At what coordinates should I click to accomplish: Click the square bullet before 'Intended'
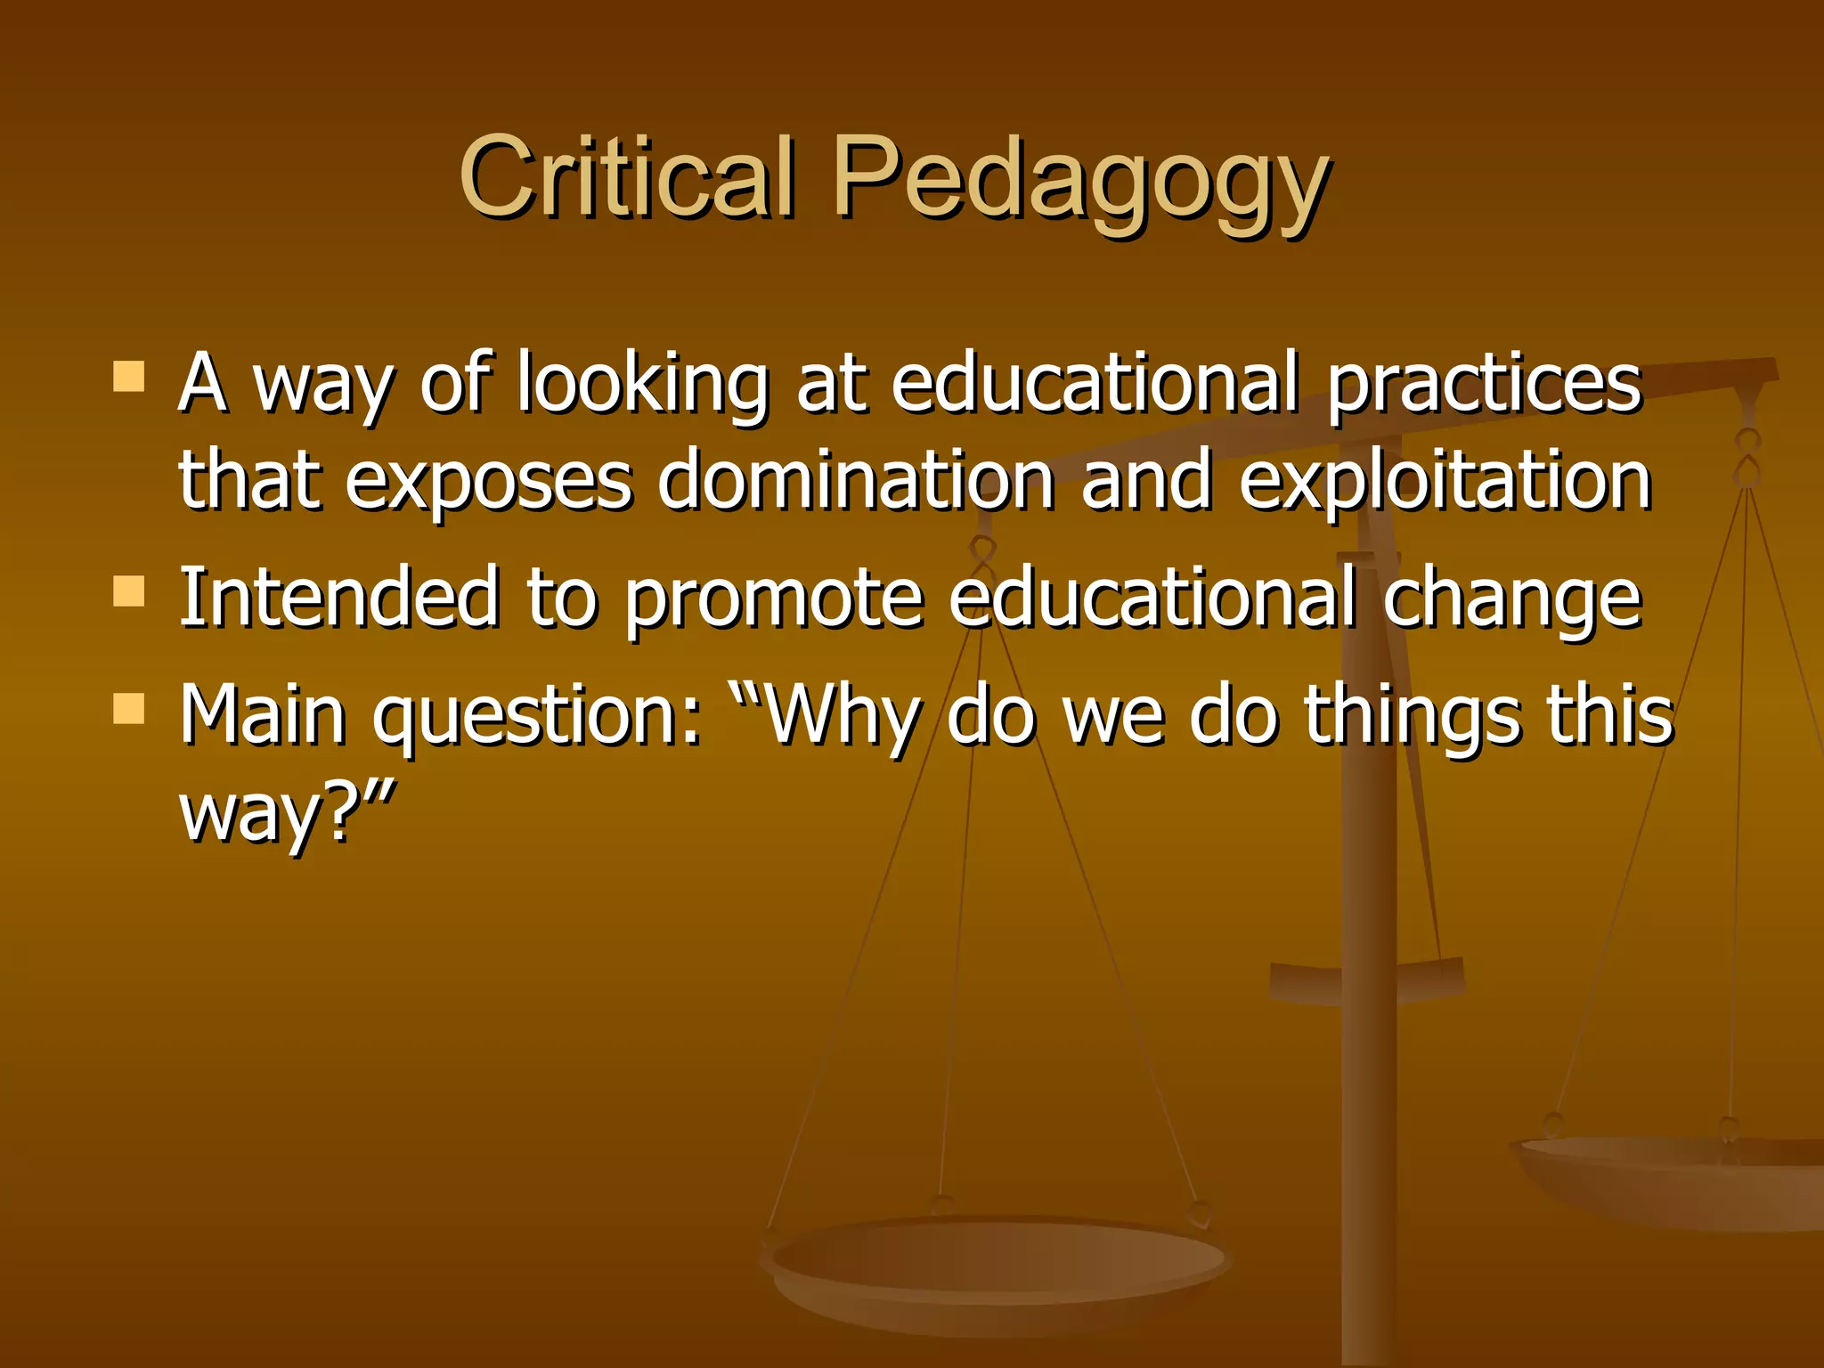click(129, 590)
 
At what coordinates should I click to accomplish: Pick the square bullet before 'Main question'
click(129, 709)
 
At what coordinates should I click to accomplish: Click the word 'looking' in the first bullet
click(642, 385)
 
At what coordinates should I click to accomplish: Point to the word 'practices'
click(1484, 385)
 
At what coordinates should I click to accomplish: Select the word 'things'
click(1412, 718)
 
